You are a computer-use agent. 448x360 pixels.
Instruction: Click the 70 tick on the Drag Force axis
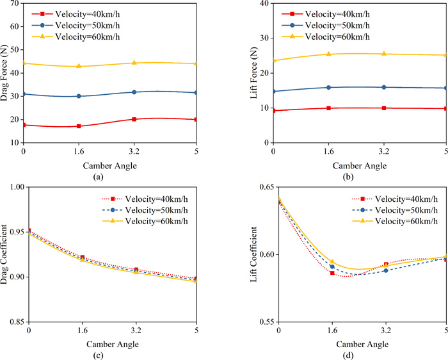tap(16, 3)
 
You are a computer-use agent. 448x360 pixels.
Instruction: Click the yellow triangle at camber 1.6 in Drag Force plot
tap(79, 66)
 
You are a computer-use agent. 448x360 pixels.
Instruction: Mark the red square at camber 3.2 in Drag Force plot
tap(134, 119)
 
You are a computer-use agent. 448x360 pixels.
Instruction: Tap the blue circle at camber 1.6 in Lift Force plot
tap(328, 87)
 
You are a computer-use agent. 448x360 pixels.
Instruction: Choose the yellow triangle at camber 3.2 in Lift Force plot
tap(383, 53)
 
